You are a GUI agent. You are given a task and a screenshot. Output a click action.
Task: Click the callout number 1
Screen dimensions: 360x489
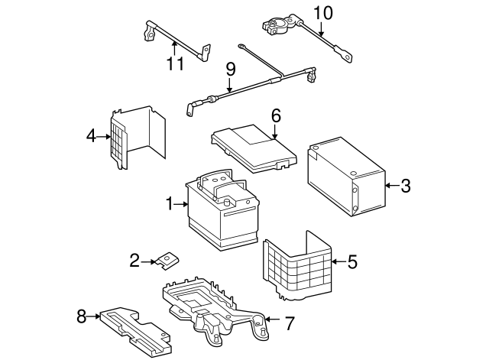(170, 204)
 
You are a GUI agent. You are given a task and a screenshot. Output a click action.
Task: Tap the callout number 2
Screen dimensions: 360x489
(135, 261)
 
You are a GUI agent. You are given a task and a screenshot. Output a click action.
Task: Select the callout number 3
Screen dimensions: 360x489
(405, 185)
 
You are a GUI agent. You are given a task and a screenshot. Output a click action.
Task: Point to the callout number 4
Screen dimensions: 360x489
(92, 137)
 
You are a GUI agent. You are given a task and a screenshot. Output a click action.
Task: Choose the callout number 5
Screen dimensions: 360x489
(352, 262)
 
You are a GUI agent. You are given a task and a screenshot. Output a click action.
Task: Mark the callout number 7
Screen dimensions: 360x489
(289, 323)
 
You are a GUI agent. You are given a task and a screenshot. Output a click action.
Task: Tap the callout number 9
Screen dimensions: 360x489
(229, 70)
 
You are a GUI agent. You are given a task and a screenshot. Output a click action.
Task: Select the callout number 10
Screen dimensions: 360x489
(324, 13)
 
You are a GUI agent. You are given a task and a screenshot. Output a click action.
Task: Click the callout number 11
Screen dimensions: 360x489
(176, 64)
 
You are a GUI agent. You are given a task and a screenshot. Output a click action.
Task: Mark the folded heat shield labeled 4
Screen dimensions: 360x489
(138, 138)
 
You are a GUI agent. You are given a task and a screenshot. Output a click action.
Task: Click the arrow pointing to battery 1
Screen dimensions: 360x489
(181, 204)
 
